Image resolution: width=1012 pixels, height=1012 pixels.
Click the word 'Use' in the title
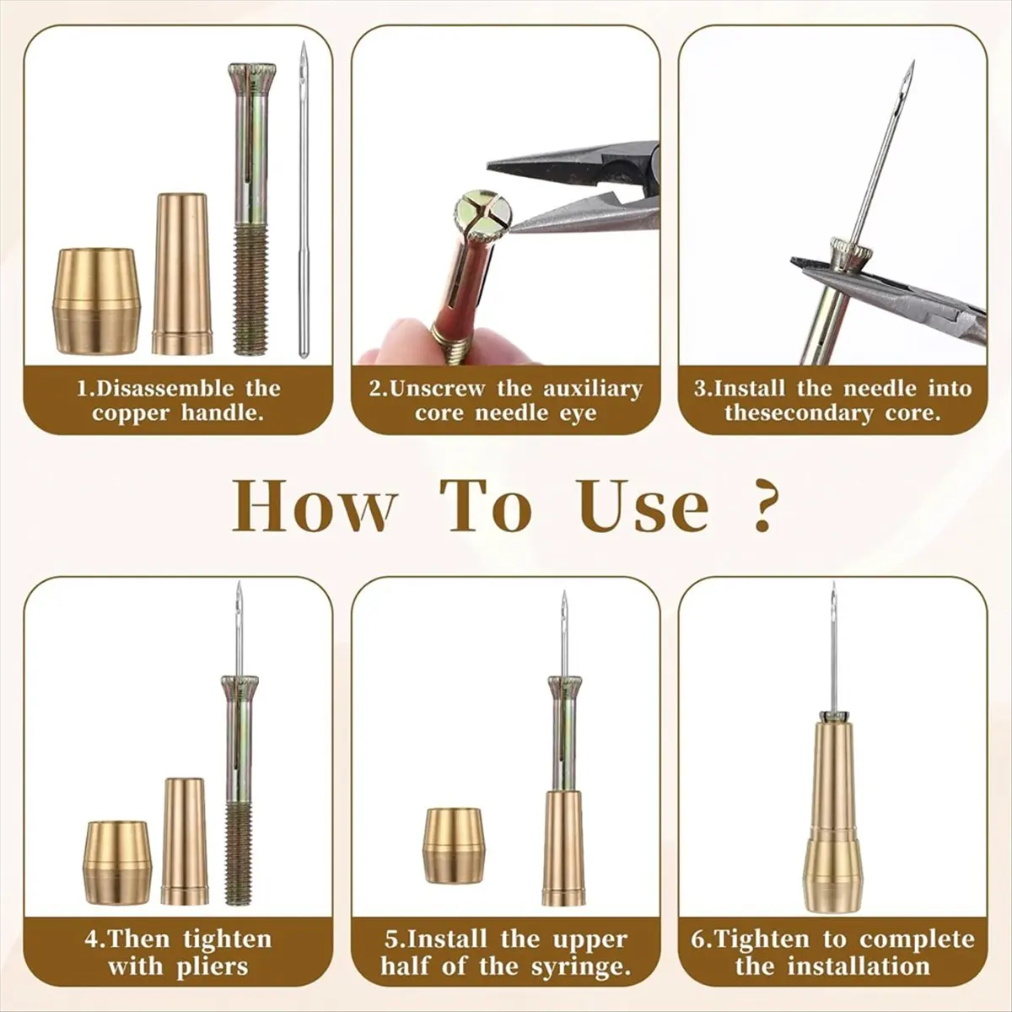[x=643, y=506]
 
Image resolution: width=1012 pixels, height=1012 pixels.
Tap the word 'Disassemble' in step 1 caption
[x=165, y=389]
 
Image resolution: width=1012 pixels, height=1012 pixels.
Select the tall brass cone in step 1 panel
[x=181, y=274]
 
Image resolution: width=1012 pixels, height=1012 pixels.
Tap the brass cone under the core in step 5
[x=563, y=848]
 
